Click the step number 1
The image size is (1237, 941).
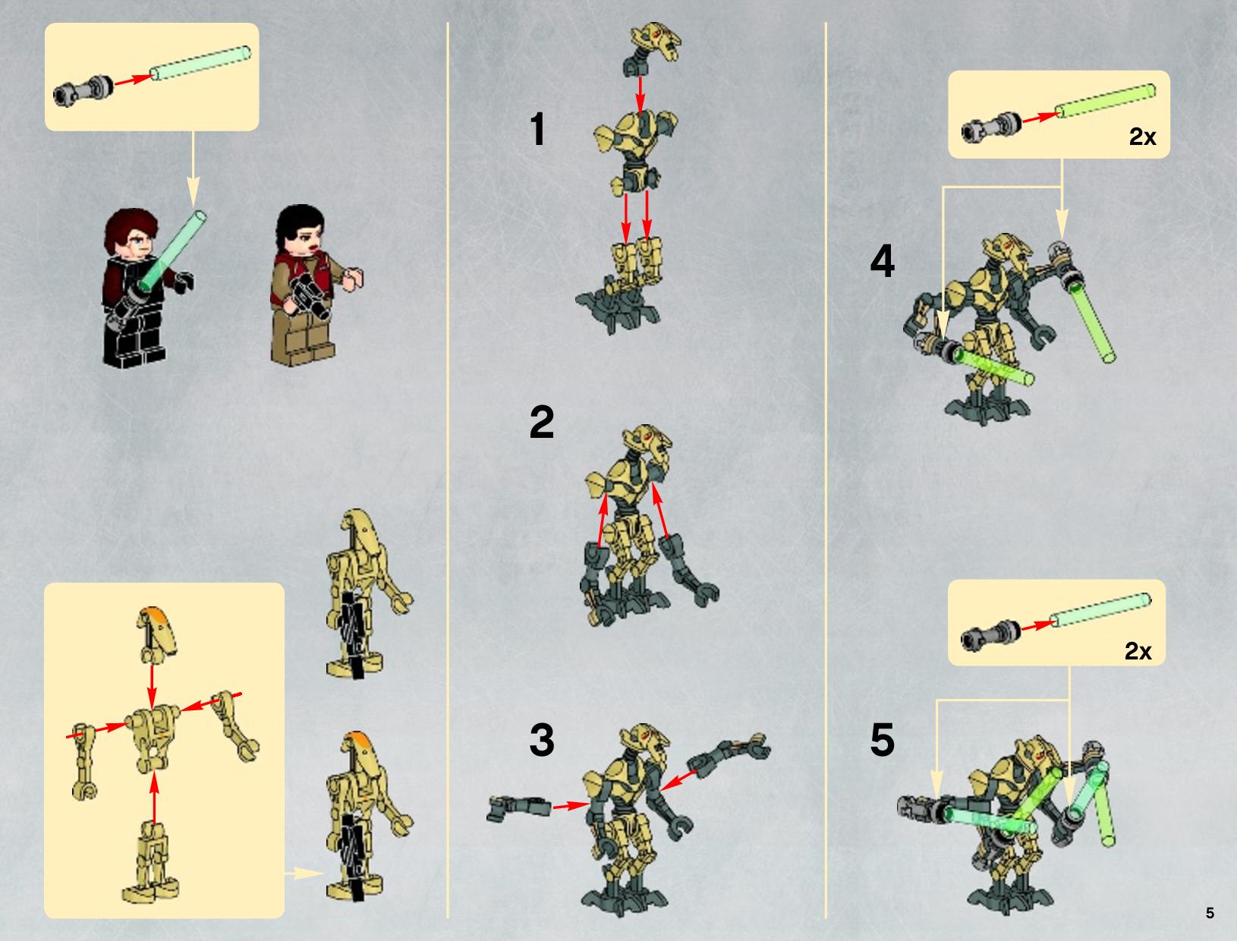[538, 129]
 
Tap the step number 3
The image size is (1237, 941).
[542, 739]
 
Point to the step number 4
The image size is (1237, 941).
[883, 261]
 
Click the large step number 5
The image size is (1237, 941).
[883, 739]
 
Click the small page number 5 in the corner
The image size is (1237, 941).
[1210, 913]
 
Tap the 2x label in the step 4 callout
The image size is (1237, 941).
[1143, 137]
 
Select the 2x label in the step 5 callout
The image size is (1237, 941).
[1138, 651]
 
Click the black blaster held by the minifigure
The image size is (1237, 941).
[310, 296]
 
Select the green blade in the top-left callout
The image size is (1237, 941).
[200, 63]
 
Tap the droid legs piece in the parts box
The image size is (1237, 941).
[151, 863]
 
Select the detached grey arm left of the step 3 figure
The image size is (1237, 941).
[518, 807]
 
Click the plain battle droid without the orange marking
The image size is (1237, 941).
[367, 593]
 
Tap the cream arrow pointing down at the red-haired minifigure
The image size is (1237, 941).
[193, 169]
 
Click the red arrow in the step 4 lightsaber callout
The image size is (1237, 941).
[1041, 117]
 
